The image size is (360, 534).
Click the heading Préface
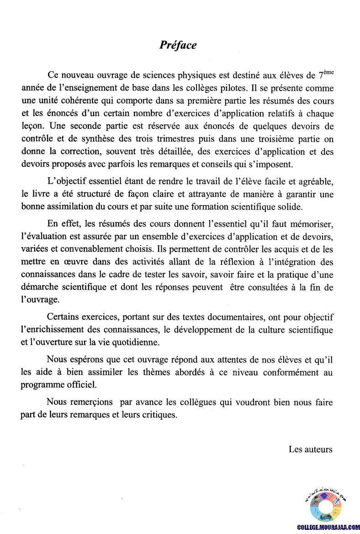point(178,45)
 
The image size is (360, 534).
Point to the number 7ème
point(329,75)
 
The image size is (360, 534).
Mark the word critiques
point(159,415)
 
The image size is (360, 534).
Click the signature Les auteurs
point(310,449)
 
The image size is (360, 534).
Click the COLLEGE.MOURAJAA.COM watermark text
point(328,527)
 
